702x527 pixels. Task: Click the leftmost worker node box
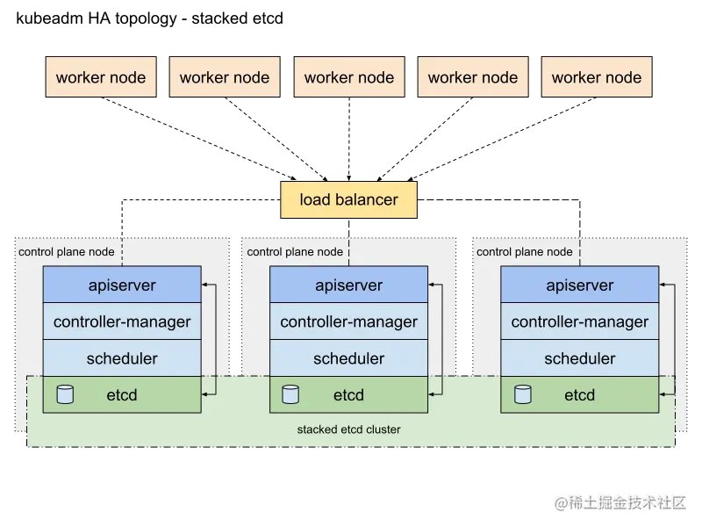pos(101,77)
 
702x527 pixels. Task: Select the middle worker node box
pos(349,77)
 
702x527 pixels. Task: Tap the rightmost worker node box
pos(597,77)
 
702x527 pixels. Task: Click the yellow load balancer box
pos(349,199)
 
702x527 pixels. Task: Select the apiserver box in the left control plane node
pos(122,285)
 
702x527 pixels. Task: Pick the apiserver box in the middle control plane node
pos(348,285)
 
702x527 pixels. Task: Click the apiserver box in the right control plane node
pos(579,285)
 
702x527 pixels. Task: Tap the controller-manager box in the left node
pos(122,321)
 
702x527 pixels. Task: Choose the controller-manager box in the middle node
pos(348,321)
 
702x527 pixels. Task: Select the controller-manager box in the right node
pos(579,321)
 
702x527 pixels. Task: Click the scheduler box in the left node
pos(122,358)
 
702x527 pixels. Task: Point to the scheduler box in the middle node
pos(348,358)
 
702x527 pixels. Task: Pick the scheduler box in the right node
pos(579,358)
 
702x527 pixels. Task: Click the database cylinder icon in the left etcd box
pos(64,394)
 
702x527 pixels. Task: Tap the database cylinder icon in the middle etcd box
pos(290,394)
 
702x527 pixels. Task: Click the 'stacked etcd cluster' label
pos(349,430)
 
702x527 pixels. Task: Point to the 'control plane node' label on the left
pos(67,252)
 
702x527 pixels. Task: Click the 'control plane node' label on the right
pos(524,252)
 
